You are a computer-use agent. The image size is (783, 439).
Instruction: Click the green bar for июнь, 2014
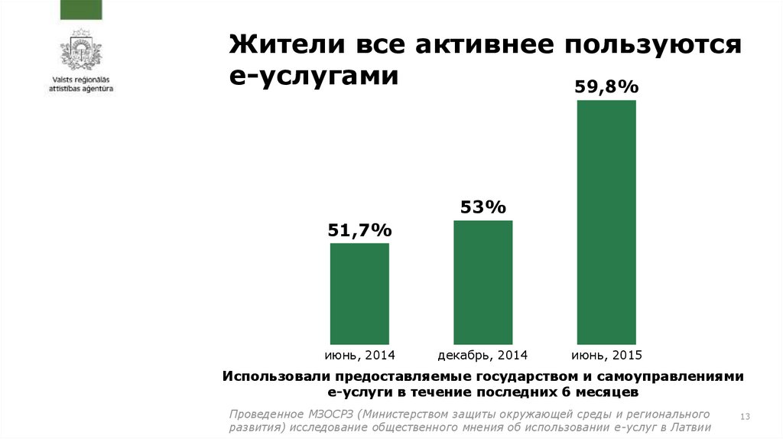[x=359, y=293]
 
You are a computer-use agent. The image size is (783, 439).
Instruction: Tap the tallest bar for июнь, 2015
[x=606, y=222]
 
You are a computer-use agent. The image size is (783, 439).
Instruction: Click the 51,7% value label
[x=359, y=229]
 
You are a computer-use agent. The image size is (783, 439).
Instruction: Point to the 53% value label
[x=482, y=207]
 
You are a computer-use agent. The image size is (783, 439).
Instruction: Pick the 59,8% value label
[x=606, y=87]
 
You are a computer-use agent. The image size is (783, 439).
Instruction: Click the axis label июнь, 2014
[x=359, y=356]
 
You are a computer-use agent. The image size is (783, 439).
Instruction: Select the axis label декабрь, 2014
[x=483, y=356]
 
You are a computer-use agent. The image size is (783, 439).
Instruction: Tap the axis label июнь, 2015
[x=606, y=356]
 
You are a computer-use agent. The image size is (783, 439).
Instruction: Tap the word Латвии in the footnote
[x=690, y=428]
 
